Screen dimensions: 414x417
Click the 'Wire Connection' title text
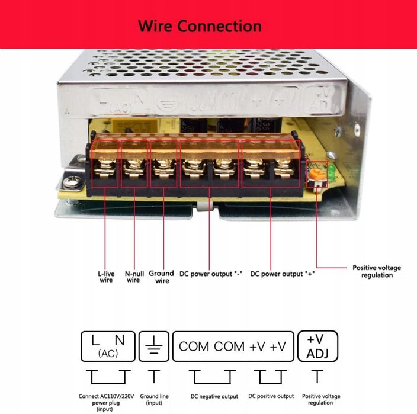pos(200,26)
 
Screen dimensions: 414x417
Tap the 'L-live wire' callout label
pos(105,277)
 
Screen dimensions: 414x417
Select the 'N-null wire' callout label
pos(133,277)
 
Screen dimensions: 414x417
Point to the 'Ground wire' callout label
pos(161,277)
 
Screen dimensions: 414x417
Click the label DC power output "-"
pos(209,274)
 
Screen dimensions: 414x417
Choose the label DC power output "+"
pos(282,274)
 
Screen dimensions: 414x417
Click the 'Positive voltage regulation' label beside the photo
pos(377,271)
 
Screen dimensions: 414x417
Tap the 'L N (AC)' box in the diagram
pos(107,346)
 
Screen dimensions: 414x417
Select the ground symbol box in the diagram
pos(153,346)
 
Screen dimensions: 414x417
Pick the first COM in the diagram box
pos(194,346)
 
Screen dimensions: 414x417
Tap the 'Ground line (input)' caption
pos(154,400)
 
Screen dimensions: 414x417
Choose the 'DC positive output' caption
pos(271,397)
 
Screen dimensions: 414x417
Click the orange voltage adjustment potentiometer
pos(317,174)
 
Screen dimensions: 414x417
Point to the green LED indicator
pos(331,172)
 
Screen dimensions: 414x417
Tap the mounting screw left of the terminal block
pos(77,176)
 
